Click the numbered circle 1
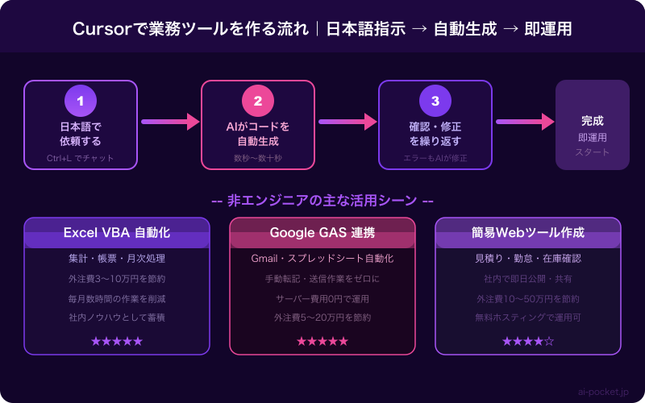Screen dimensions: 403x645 (81, 101)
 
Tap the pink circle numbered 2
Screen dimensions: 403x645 (258, 101)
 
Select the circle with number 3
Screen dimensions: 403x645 (435, 101)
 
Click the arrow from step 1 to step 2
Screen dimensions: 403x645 (169, 122)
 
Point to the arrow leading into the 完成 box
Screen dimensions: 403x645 (524, 122)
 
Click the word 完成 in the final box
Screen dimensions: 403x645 (593, 121)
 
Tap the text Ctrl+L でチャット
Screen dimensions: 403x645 (81, 158)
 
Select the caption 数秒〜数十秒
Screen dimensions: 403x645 (258, 158)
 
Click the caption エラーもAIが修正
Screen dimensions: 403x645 (435, 158)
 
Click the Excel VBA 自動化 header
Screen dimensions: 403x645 (117, 233)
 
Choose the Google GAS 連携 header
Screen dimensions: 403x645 (322, 233)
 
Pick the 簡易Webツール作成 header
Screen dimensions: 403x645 (528, 233)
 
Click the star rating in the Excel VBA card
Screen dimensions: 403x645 (117, 341)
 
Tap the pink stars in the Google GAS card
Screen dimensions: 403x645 (322, 341)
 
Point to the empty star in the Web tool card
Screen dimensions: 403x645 (549, 341)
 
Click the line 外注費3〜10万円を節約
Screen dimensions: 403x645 (117, 279)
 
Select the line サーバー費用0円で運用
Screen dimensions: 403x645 (322, 298)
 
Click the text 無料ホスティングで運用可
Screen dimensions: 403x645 (528, 318)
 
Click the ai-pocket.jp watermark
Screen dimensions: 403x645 (603, 392)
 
